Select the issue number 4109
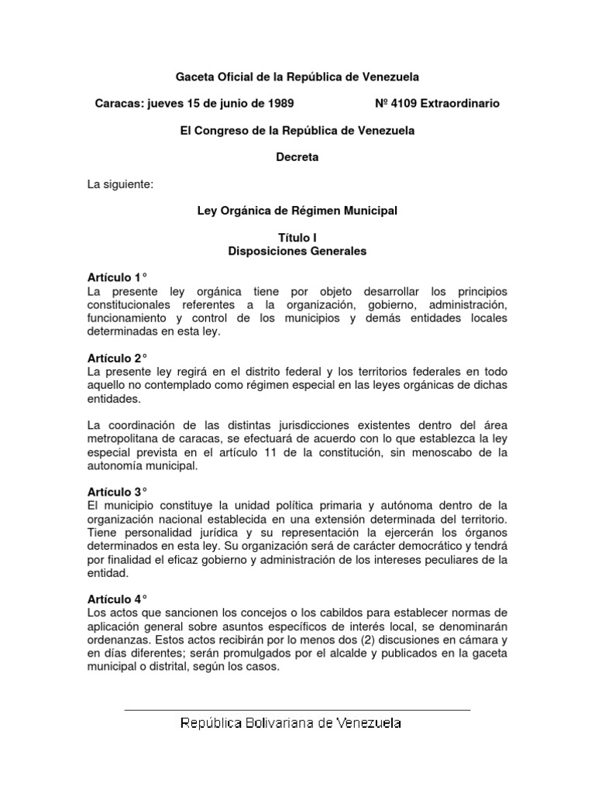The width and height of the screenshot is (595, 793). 402,103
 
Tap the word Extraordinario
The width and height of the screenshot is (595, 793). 460,103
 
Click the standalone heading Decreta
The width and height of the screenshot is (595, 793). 297,157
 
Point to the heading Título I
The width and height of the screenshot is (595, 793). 297,238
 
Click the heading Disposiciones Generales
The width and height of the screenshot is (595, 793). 297,251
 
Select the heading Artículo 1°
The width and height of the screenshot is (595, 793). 115,277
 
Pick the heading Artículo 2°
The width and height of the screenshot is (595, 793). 115,358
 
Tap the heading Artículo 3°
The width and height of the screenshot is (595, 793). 115,492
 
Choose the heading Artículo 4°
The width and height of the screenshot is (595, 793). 115,599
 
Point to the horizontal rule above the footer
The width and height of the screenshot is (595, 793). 297,709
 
